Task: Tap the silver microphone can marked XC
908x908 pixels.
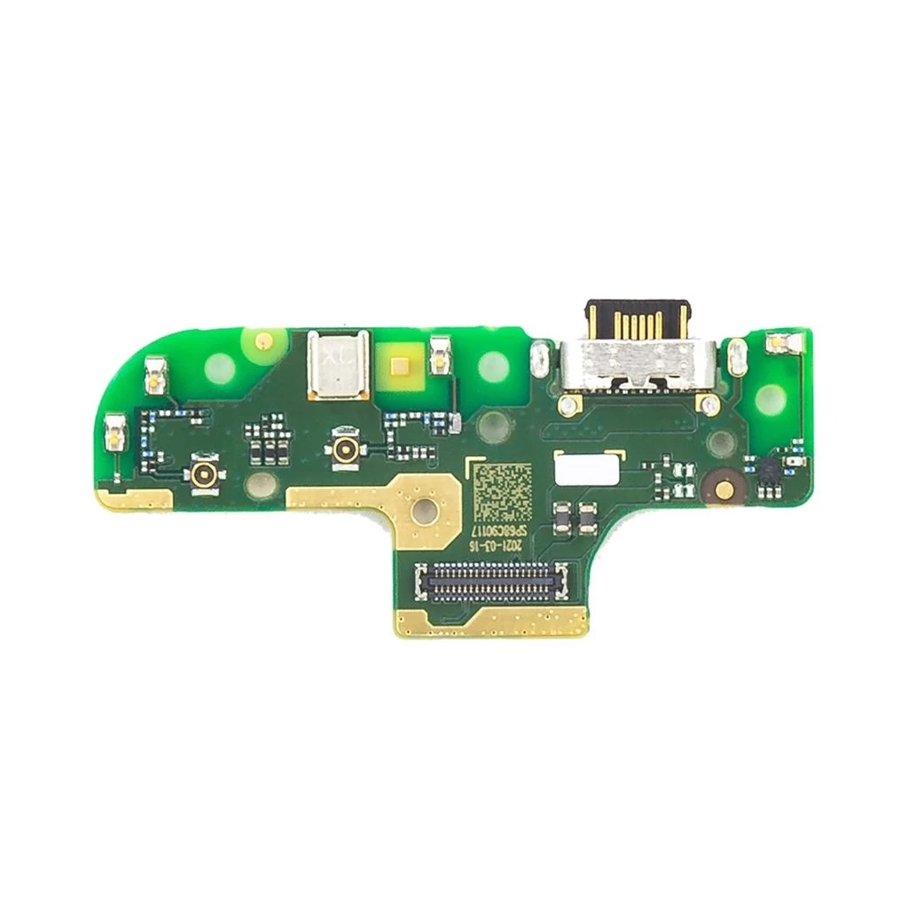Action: coord(338,364)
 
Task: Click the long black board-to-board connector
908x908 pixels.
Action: coord(491,580)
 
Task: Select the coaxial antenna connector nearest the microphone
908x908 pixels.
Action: coord(345,449)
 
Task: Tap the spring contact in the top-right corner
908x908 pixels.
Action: coord(780,341)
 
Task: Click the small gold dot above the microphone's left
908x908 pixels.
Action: coord(262,339)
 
